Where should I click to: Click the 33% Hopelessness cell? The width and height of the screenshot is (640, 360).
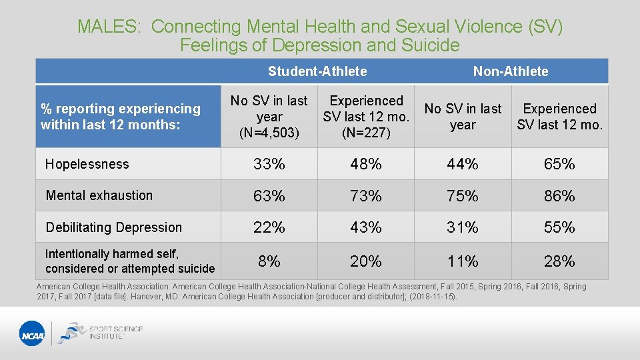(x=269, y=164)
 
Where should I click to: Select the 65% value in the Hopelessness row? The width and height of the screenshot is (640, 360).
(x=559, y=164)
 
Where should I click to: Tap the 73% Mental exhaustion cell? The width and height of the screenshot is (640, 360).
(x=366, y=196)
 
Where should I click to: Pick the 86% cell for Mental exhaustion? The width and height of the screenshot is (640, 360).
(x=559, y=196)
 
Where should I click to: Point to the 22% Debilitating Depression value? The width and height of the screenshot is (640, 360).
(x=269, y=227)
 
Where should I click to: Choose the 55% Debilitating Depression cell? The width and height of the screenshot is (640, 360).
(x=559, y=227)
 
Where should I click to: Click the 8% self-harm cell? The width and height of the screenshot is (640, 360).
(x=269, y=261)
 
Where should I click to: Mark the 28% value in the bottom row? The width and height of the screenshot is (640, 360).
(x=559, y=261)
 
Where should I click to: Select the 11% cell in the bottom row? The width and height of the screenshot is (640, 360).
(x=463, y=261)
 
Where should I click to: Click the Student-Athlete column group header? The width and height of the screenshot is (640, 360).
(x=317, y=71)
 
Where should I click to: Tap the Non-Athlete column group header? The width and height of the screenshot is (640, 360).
(x=511, y=71)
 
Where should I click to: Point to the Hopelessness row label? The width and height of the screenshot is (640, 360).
(x=87, y=164)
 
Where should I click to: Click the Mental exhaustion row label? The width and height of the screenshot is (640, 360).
(x=99, y=195)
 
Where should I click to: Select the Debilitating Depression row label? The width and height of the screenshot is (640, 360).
(x=113, y=227)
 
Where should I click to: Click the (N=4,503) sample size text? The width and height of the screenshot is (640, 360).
(x=269, y=133)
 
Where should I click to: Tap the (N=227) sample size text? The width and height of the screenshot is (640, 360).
(x=366, y=133)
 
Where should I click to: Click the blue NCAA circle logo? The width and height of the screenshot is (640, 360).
(x=32, y=333)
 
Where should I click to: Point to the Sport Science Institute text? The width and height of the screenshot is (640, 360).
(x=116, y=332)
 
